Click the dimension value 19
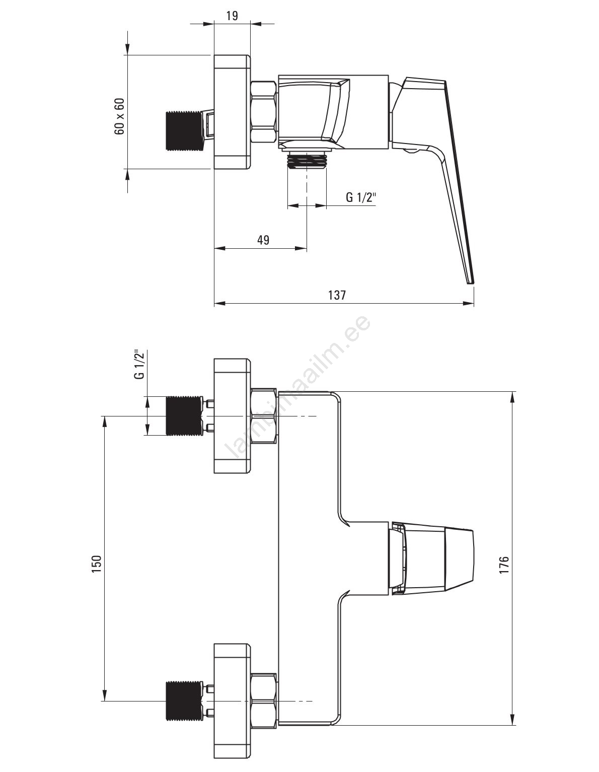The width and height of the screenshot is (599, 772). click(232, 16)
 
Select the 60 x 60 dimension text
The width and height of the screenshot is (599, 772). click(120, 116)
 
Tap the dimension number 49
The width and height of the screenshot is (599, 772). click(263, 240)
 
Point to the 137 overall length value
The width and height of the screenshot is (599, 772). click(337, 295)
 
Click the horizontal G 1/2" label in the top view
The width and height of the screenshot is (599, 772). click(360, 197)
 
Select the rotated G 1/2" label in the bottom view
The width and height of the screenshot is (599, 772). click(140, 365)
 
